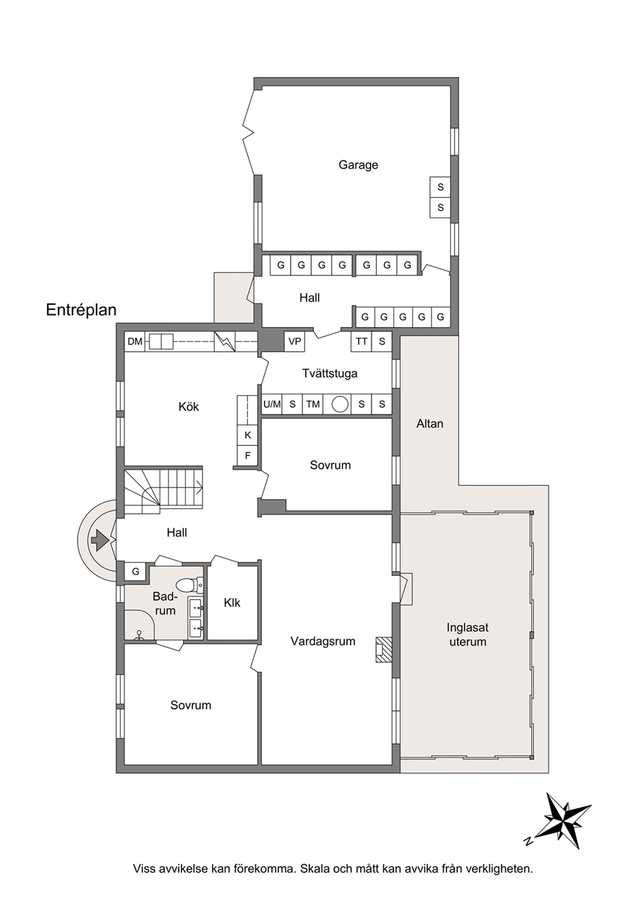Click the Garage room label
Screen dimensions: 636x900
pos(358,165)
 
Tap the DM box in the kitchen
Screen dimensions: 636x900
pos(135,341)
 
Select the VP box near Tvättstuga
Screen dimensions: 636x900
pos(294,341)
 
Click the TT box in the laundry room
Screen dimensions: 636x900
pos(362,341)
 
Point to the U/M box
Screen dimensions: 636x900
pos(272,403)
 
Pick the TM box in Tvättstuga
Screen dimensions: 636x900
pos(313,403)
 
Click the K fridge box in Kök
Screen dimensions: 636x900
pos(247,435)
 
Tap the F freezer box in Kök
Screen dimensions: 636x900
pos(247,455)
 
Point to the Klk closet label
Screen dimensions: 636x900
pos(232,603)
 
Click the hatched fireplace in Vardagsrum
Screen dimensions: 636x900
pos(384,650)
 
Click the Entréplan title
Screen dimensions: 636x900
pos(81,310)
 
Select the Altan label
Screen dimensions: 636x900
pos(430,423)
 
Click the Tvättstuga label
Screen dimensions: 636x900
pos(330,373)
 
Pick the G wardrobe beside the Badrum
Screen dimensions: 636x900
pos(136,572)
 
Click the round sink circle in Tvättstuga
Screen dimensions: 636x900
pos(340,403)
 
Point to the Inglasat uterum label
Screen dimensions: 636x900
pos(468,634)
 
